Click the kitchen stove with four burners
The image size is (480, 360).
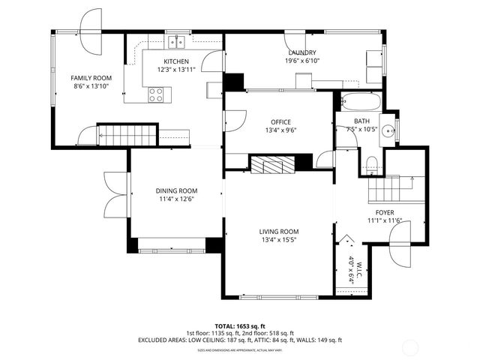(157, 94)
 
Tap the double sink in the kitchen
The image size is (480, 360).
(177, 42)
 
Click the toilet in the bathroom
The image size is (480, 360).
(371, 163)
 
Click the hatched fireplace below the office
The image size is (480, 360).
(272, 163)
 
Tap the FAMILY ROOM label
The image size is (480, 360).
(91, 78)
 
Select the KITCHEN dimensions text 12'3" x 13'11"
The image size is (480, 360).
(177, 70)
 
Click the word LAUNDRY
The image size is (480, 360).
(300, 52)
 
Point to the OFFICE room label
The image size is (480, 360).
(281, 121)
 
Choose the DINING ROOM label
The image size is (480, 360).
(176, 190)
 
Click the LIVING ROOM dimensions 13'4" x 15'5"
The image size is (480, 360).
(279, 240)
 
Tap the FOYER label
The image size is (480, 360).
(385, 212)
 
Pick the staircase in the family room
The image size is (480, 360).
(127, 136)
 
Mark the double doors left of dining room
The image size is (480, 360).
(115, 193)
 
